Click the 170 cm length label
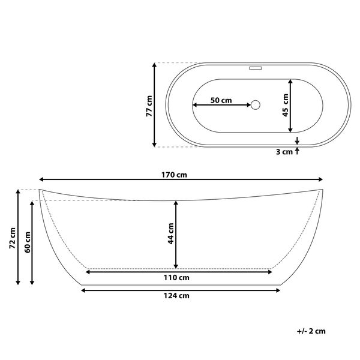coord(174,175)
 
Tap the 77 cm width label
coord(149,106)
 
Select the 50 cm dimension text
coord(221,100)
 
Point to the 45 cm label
coord(286,105)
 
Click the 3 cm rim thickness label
coord(284,152)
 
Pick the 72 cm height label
coord(12,238)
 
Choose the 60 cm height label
coord(28,242)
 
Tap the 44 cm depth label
coord(171,233)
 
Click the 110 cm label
coord(176,278)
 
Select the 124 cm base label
coord(176,295)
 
